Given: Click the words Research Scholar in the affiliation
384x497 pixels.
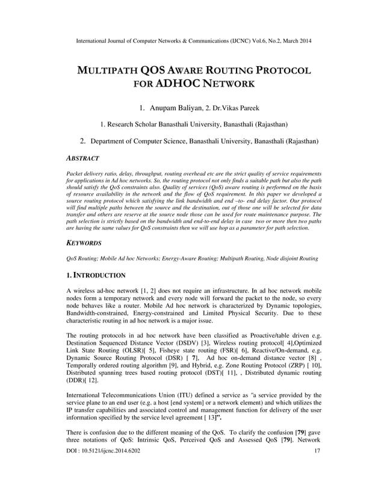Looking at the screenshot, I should click(130, 125).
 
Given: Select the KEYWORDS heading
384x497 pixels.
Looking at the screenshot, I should click(84, 243).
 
